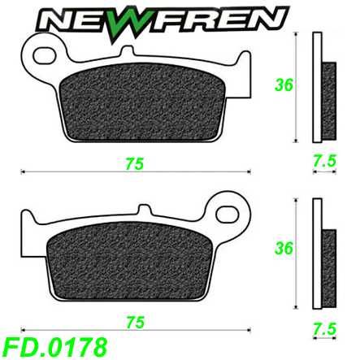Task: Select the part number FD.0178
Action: [x=54, y=346]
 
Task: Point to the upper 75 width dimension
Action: [x=135, y=163]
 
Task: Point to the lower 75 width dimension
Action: [x=135, y=322]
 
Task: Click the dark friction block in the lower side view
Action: [x=328, y=256]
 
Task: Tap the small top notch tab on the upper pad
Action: [x=127, y=53]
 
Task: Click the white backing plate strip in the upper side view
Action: [x=318, y=89]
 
